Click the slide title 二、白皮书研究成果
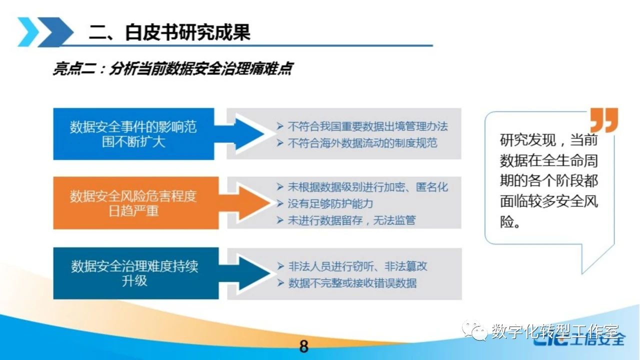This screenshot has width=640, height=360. (169, 32)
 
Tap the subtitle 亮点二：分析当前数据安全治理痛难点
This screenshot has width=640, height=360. (173, 69)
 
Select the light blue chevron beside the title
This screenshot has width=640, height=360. (28, 31)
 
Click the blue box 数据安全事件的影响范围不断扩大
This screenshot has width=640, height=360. (133, 134)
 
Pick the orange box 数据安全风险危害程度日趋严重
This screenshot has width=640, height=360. (136, 203)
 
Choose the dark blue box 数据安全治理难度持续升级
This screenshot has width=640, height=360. (136, 273)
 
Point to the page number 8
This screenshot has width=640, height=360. (304, 346)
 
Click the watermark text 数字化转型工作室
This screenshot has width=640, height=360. (555, 331)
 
